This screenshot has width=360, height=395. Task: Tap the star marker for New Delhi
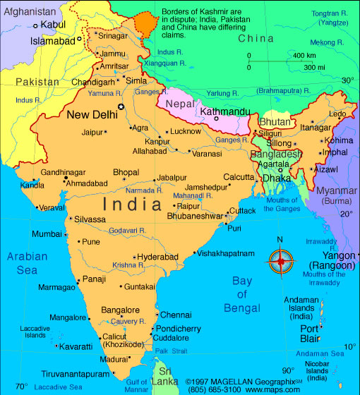(x=121, y=107)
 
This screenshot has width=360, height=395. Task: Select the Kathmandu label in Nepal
(x=227, y=111)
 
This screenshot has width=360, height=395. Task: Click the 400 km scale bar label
(x=304, y=56)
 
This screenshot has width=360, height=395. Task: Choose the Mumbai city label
(x=47, y=233)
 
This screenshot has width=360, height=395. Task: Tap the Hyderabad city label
(x=157, y=257)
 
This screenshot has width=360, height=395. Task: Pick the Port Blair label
(x=310, y=333)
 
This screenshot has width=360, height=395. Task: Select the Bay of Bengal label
(x=242, y=294)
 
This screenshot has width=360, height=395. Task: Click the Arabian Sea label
(x=27, y=263)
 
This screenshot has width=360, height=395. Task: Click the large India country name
(x=135, y=205)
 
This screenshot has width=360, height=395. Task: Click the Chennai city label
(x=176, y=315)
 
